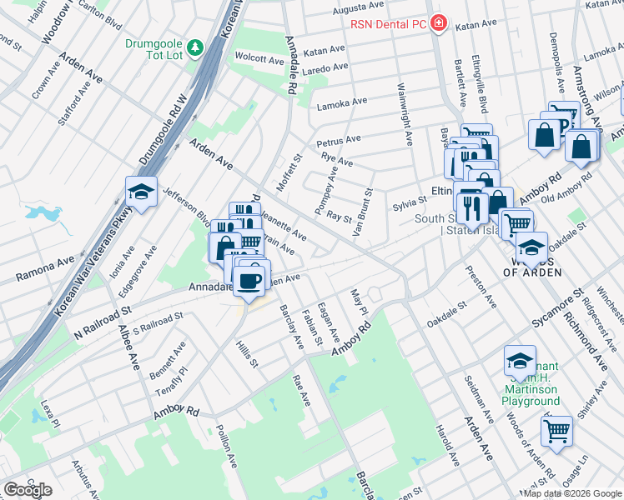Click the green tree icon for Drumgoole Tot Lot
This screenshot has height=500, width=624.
click(194, 47)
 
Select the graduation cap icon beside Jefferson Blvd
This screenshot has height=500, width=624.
click(142, 192)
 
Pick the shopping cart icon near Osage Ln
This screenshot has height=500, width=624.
click(556, 431)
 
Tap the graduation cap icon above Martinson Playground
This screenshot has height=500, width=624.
click(520, 361)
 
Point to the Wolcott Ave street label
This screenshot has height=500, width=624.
click(259, 59)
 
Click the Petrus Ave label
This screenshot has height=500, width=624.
click(339, 139)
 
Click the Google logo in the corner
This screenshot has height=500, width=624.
click(28, 490)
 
